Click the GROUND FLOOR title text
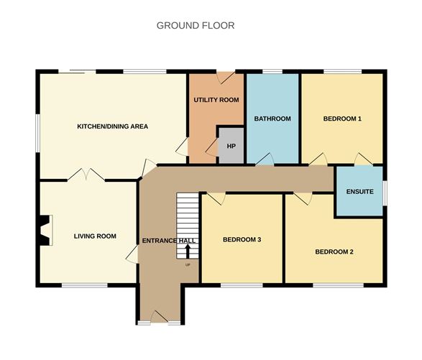point(196,26)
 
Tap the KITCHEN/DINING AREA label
point(112,126)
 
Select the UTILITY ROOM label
point(216,100)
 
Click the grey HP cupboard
point(231,146)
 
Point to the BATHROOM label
point(272,119)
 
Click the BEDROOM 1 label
point(341,119)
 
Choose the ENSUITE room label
point(359,192)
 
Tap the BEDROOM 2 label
point(334,252)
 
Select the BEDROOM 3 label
point(242,240)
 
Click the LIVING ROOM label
point(95,236)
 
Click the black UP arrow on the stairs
point(188,251)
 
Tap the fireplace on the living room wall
point(45,231)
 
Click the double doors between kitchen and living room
point(87,174)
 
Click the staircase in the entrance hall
point(188,223)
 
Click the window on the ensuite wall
point(385,192)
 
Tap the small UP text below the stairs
point(188,265)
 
